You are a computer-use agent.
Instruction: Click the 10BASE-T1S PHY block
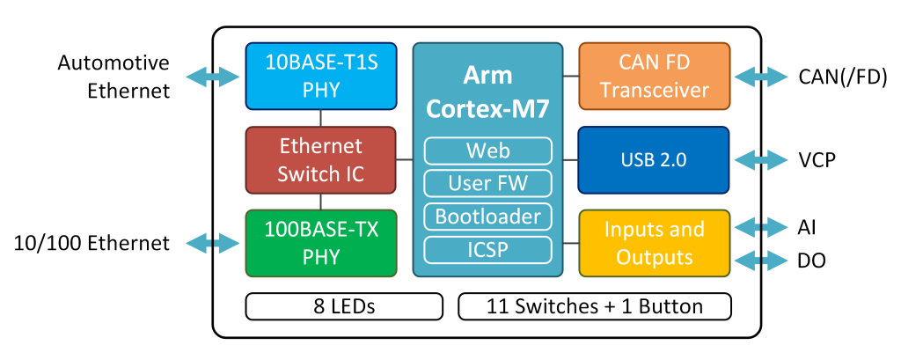click(x=319, y=77)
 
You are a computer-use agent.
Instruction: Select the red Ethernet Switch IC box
click(x=319, y=159)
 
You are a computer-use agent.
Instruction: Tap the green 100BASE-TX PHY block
click(x=319, y=244)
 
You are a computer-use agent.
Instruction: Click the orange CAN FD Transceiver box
click(x=654, y=77)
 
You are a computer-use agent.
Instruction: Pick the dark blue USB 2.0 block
click(x=654, y=160)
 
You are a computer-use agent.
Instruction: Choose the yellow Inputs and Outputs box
click(x=654, y=243)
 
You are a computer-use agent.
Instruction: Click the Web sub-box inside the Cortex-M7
click(x=487, y=151)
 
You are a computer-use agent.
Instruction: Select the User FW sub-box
click(x=487, y=183)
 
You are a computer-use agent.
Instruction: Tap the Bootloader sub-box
click(x=487, y=216)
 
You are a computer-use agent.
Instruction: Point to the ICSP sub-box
click(x=487, y=249)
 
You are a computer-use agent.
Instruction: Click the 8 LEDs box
click(x=343, y=306)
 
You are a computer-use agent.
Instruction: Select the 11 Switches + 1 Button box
click(x=595, y=306)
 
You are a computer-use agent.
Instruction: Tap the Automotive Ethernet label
click(x=114, y=77)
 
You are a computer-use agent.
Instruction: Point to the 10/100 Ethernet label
click(x=92, y=243)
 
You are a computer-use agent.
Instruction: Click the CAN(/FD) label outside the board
click(x=842, y=77)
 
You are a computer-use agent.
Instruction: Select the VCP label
click(x=817, y=160)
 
